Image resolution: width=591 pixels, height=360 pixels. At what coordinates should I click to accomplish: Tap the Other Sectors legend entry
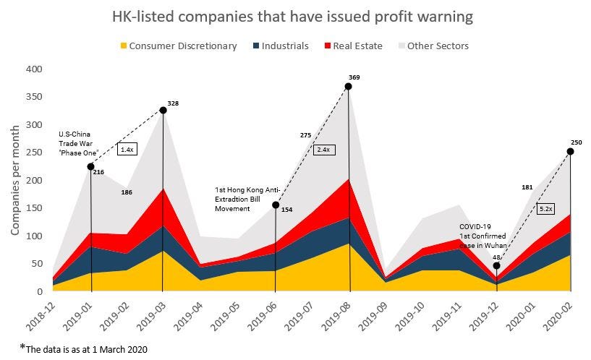pyautogui.click(x=437, y=46)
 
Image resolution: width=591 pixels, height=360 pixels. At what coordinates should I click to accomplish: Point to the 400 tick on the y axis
pyautogui.click(x=34, y=69)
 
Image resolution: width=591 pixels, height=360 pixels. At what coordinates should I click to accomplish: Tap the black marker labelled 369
pyautogui.click(x=349, y=87)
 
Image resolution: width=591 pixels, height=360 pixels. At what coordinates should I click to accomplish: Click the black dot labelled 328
pyautogui.click(x=162, y=110)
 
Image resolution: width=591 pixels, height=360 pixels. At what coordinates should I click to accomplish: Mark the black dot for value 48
pyautogui.click(x=497, y=265)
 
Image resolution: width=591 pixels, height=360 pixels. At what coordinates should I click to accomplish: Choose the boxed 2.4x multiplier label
pyautogui.click(x=323, y=150)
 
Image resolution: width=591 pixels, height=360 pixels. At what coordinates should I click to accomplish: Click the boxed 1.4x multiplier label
pyautogui.click(x=127, y=149)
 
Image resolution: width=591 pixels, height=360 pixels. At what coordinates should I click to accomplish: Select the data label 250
pyautogui.click(x=577, y=142)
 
